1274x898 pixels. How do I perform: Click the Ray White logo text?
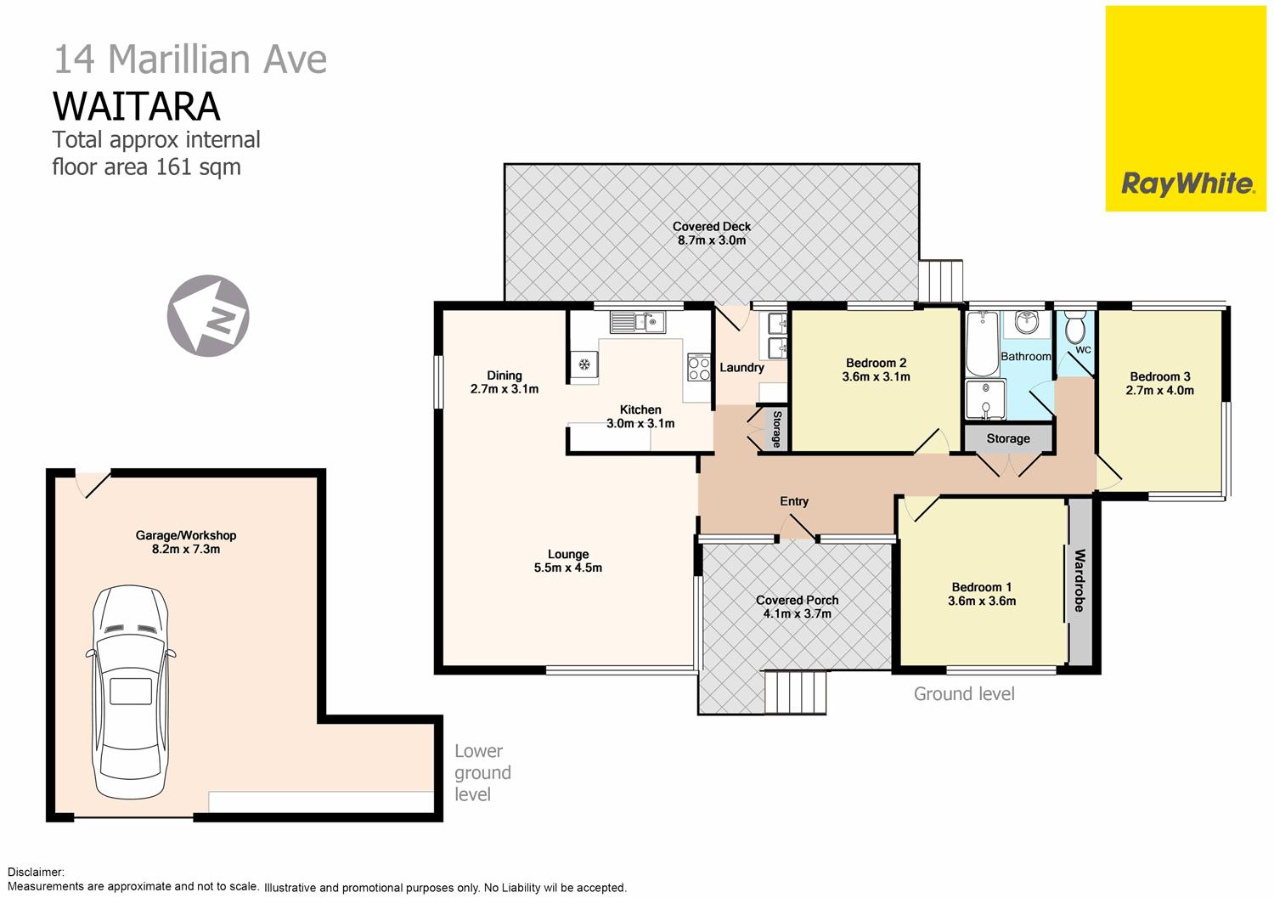coord(1187,184)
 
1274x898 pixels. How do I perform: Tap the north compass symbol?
coord(208,316)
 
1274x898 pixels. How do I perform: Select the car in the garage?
coord(130,692)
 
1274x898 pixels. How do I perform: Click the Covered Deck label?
coord(712,227)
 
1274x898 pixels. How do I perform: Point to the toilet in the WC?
coord(1075,327)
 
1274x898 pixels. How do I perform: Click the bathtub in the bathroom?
coord(982,343)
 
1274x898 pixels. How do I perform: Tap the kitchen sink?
coord(638,322)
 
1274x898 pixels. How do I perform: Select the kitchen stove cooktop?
coord(699,368)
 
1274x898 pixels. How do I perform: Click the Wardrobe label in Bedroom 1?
coord(1080,580)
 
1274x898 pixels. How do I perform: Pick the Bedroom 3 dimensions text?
coord(1159,391)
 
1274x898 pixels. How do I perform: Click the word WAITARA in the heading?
coord(137,107)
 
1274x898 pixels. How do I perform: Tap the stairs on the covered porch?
coord(796,692)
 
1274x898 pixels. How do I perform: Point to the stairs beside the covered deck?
coord(941,280)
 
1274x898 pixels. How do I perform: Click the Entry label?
coord(794,501)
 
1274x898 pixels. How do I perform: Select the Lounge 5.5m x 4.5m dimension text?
coord(567,568)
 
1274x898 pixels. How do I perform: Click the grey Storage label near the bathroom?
coord(1008,438)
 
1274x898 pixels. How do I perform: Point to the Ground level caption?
coord(964,694)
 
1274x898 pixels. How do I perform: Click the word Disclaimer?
coord(36,872)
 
